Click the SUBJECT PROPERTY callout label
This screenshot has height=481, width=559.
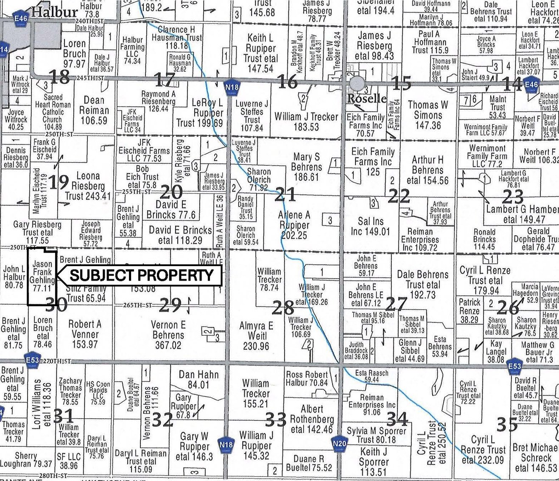[x=141, y=275]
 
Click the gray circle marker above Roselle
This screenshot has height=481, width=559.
[x=357, y=84]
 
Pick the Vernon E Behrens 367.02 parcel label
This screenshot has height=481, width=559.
[x=168, y=335]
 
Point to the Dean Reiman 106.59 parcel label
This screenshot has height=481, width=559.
[x=94, y=110]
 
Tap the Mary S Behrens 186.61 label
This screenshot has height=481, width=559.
[x=306, y=167]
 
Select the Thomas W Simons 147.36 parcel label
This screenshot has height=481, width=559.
[x=428, y=114]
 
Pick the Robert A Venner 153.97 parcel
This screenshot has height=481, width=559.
[x=85, y=334]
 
